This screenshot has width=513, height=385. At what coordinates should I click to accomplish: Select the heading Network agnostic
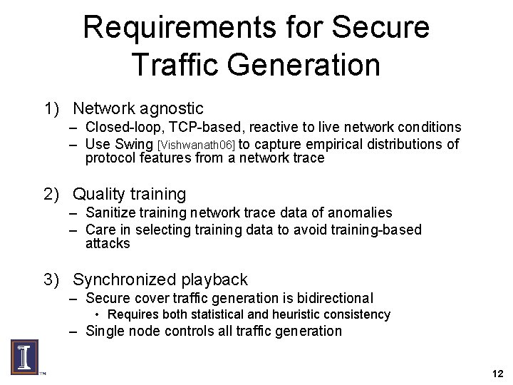(138, 108)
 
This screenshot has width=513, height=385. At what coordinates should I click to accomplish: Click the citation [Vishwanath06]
(196, 145)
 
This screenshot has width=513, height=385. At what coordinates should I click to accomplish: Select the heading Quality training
(130, 193)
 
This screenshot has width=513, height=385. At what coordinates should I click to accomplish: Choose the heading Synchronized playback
(160, 279)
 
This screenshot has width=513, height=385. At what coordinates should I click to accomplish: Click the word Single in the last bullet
(105, 331)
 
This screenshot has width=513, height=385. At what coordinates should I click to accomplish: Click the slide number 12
(497, 373)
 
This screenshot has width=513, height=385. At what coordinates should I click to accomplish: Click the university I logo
(24, 356)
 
